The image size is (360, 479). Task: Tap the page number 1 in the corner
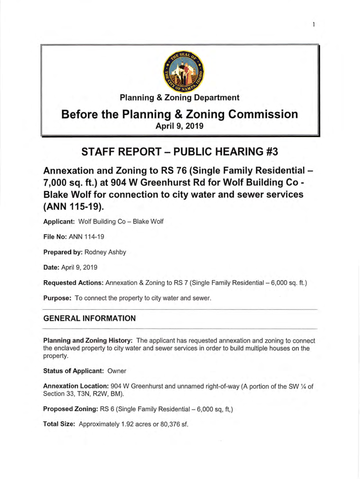pyautogui.click(x=314, y=25)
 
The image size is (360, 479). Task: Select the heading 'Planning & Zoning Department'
pyautogui.click(x=180, y=98)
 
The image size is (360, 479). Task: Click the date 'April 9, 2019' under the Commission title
pyautogui.click(x=180, y=126)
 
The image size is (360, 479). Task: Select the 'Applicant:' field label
pyautogui.click(x=59, y=221)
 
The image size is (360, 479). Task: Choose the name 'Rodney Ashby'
pyautogui.click(x=105, y=252)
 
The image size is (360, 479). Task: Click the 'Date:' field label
pyautogui.click(x=51, y=268)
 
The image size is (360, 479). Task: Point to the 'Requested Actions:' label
pyautogui.click(x=73, y=283)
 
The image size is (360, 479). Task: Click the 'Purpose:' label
pyautogui.click(x=57, y=298)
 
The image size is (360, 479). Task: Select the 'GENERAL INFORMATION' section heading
pyautogui.click(x=89, y=319)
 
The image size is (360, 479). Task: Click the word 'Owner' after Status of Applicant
pyautogui.click(x=117, y=371)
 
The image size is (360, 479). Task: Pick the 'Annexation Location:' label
pyautogui.click(x=76, y=386)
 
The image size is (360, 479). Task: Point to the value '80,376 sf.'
pyautogui.click(x=171, y=425)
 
